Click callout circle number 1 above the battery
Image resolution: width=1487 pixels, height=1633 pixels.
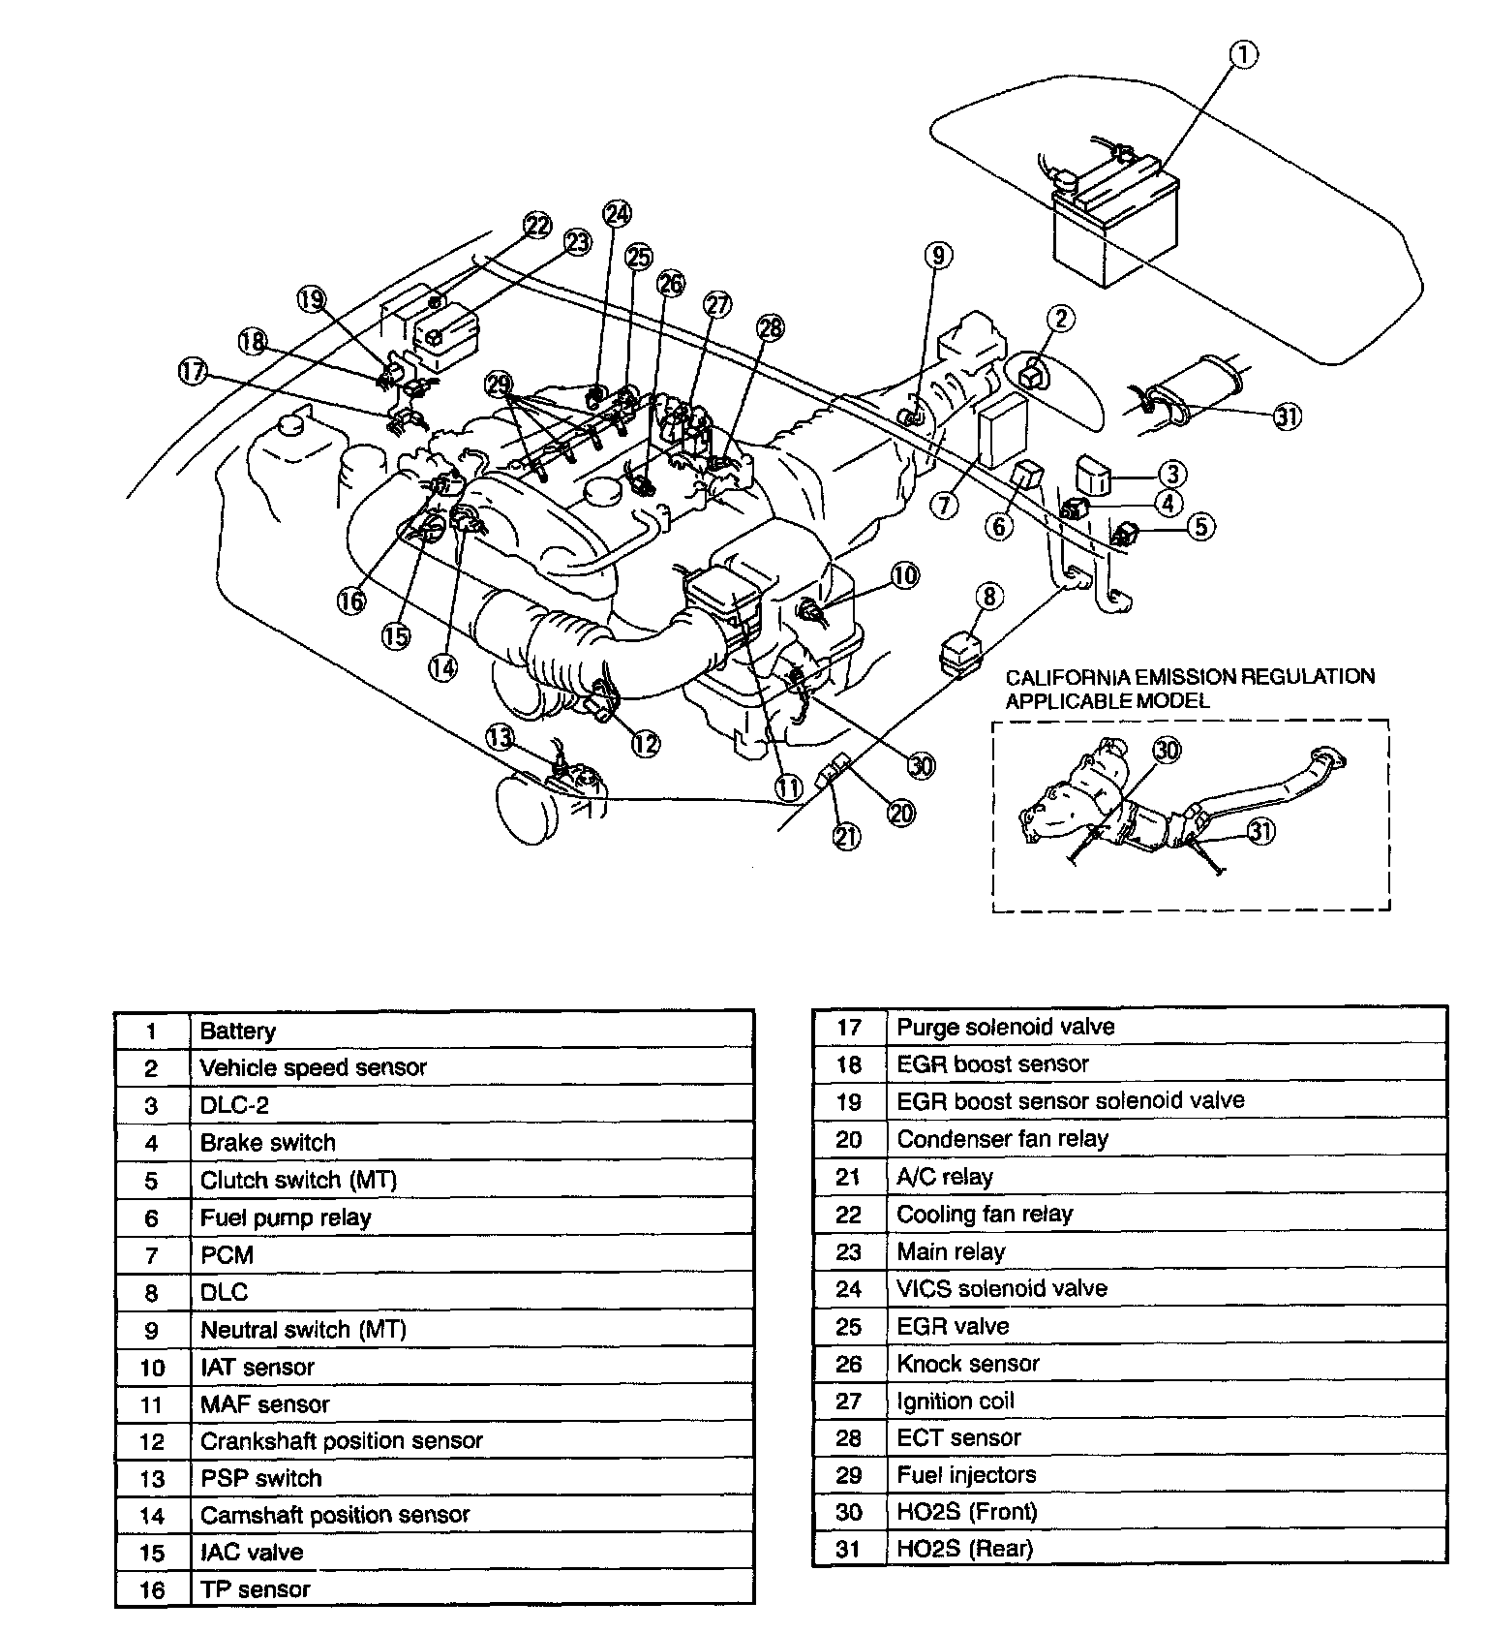click(1244, 56)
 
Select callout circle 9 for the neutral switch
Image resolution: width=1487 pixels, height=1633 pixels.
click(938, 255)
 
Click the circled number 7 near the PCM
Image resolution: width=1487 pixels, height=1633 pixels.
click(945, 505)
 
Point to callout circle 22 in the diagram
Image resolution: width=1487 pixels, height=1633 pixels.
click(537, 226)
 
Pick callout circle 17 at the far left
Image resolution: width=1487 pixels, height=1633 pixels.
click(193, 371)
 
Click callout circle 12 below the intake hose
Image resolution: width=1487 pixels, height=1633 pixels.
click(646, 743)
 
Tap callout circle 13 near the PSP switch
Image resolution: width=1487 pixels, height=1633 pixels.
click(500, 738)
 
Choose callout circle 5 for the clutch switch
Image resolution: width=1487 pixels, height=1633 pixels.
click(1199, 527)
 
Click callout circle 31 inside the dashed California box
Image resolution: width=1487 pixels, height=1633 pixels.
click(1259, 831)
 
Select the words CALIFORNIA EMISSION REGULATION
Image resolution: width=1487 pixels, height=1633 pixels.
click(1190, 677)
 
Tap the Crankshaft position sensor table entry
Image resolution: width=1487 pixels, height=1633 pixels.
click(341, 1440)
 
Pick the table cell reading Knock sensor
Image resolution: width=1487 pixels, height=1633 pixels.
click(968, 1364)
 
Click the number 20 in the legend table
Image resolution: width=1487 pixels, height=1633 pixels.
click(848, 1139)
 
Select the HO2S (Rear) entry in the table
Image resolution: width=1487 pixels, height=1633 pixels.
click(964, 1549)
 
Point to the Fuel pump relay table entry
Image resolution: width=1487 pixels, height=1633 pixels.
click(286, 1217)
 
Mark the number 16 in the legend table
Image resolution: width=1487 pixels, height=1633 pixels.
click(152, 1589)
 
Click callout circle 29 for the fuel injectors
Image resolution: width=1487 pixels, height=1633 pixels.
click(499, 385)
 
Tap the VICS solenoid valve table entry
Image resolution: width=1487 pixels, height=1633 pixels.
click(1002, 1288)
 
